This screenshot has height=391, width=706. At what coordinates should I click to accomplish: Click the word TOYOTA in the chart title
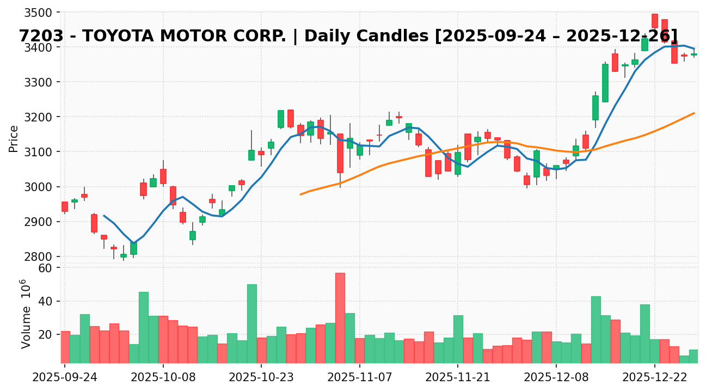click(117, 36)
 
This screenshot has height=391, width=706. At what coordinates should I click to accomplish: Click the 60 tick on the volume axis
click(45, 268)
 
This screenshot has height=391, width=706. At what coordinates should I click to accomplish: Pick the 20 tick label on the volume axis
click(45, 334)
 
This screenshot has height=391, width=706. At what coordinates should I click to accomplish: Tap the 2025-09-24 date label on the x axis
click(65, 377)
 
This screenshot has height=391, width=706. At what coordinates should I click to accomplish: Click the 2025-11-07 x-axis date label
click(360, 377)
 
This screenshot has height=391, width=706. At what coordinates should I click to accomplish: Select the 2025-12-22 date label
click(654, 377)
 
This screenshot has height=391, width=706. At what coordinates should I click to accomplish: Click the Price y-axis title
click(14, 138)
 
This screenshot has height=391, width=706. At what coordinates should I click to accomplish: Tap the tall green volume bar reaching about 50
click(251, 323)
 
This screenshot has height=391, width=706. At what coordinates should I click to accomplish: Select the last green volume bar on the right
click(693, 356)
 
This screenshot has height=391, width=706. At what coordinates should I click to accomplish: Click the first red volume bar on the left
click(65, 347)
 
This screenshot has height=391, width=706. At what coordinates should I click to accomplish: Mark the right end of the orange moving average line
click(694, 113)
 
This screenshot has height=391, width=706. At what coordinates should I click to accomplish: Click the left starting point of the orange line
click(300, 194)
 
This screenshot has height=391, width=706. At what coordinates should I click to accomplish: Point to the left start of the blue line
click(104, 216)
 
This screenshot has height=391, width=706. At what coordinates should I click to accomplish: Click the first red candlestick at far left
click(65, 206)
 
